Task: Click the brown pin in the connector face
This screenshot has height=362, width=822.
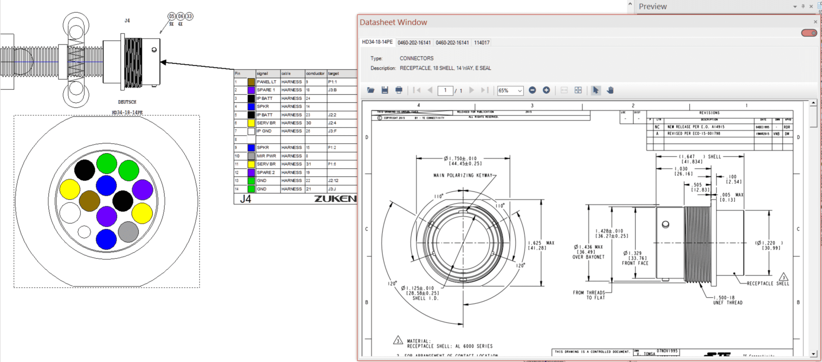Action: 89,201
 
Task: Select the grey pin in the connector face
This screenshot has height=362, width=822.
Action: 128,232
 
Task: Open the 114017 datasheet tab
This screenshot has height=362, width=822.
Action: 482,43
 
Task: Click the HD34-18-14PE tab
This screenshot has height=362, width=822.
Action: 377,42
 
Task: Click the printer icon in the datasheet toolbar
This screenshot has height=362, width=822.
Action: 399,90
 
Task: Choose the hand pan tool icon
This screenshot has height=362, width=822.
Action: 610,90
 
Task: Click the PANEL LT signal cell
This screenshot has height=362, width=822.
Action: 267,82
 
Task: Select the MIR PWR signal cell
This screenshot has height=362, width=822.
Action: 267,156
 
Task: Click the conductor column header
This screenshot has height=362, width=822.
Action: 315,74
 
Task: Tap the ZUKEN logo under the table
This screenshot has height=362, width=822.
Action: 335,199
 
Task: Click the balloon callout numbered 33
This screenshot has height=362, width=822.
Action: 189,16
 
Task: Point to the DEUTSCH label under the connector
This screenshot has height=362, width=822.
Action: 127,102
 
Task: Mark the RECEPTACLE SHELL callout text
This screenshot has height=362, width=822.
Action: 768,284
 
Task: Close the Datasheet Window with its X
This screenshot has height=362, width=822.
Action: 815,22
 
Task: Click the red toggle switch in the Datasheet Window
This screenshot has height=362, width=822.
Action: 809,33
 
